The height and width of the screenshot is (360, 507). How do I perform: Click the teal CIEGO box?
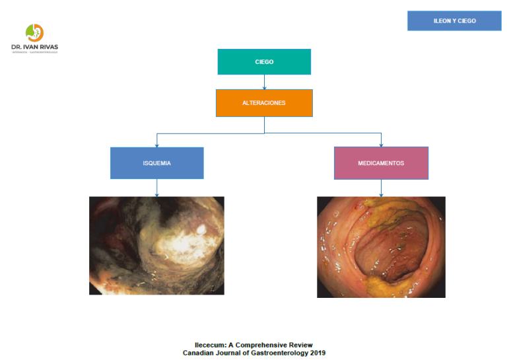(x=264, y=62)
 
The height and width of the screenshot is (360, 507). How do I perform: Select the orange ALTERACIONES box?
(x=264, y=103)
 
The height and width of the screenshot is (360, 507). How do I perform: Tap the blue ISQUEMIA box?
(x=156, y=163)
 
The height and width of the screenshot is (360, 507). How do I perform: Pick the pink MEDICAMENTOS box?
(x=381, y=163)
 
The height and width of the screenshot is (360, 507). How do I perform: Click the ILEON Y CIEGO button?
(x=454, y=21)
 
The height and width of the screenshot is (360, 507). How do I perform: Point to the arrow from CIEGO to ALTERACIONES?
(x=264, y=82)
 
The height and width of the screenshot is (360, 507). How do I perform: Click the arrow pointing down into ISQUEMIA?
(x=156, y=140)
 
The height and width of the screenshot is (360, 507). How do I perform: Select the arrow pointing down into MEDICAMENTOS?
(x=381, y=140)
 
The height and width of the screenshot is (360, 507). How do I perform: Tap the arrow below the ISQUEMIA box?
(x=156, y=188)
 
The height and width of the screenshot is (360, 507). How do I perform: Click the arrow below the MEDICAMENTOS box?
(x=381, y=188)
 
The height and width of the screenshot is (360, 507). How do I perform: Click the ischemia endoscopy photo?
(x=156, y=245)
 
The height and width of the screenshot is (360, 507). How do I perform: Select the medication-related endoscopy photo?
(x=381, y=246)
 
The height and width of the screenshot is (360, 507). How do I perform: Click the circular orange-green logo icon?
(x=34, y=32)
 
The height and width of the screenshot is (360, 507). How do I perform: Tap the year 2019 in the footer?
(x=316, y=353)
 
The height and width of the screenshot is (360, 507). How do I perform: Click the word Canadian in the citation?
(x=200, y=353)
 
